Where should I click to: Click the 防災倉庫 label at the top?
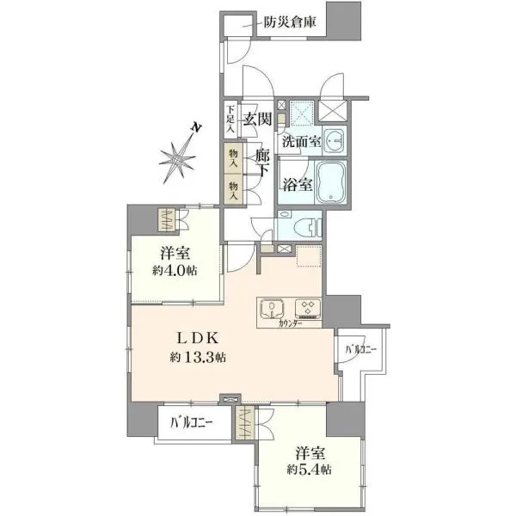(x=290, y=22)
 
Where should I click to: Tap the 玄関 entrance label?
(x=257, y=120)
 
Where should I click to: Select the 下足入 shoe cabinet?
(x=231, y=120)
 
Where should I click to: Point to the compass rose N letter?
(x=196, y=127)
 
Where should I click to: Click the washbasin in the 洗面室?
(x=334, y=141)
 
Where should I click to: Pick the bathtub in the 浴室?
(x=331, y=183)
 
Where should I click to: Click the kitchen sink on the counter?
(x=272, y=309)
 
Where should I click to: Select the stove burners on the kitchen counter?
(x=308, y=309)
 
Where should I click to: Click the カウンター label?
(x=291, y=324)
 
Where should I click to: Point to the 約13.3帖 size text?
(x=197, y=357)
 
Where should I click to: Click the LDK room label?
(x=197, y=338)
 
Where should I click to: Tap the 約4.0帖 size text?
(x=175, y=271)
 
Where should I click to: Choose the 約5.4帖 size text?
(x=309, y=470)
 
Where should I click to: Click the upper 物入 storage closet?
(x=234, y=158)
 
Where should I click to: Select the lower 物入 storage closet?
(x=234, y=190)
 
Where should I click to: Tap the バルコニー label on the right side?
(x=360, y=349)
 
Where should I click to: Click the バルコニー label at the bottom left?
(x=192, y=422)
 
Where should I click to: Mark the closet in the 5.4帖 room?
(x=245, y=423)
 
